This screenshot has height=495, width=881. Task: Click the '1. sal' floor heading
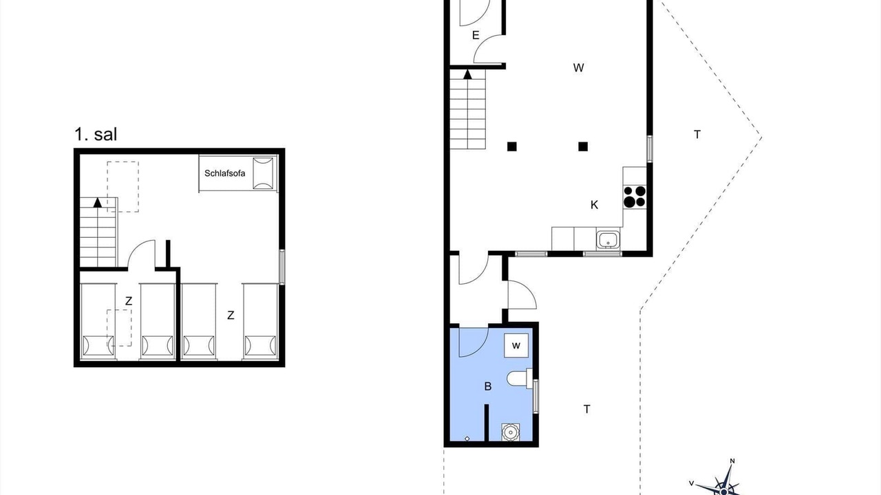[96, 134]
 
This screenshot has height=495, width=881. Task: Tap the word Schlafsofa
[224, 173]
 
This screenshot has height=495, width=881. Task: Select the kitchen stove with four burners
[635, 197]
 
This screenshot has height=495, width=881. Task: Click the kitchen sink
[608, 239]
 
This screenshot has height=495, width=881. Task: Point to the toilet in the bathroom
[519, 379]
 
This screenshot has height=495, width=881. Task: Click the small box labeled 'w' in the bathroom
[516, 345]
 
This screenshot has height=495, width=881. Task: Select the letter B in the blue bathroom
[488, 386]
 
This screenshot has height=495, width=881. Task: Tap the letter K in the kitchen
[594, 205]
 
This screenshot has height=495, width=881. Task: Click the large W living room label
[578, 68]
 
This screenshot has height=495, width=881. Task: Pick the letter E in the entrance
[476, 35]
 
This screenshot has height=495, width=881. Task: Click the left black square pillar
[511, 146]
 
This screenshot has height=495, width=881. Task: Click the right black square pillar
[583, 146]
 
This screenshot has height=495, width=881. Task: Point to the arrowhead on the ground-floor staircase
[467, 74]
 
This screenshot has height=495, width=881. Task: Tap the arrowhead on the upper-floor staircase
[98, 202]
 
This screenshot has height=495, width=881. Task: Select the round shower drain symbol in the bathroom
[511, 432]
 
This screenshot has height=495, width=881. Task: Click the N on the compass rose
[732, 461]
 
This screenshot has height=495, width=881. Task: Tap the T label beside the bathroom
[587, 409]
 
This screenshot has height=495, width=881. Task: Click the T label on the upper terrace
[697, 135]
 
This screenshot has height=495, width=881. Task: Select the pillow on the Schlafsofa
[263, 173]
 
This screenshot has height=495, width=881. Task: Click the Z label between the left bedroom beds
[129, 301]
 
